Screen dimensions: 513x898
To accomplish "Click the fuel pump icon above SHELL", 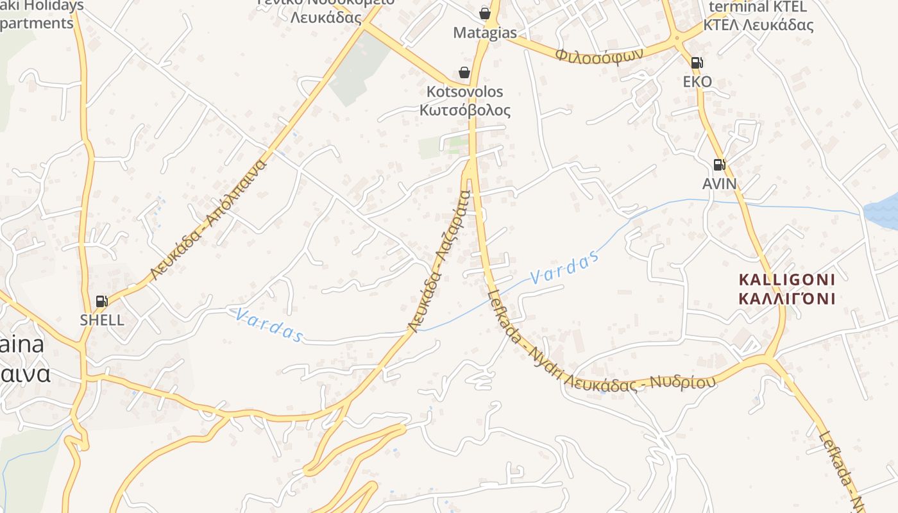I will [101, 301].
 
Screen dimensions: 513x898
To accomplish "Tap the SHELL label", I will [102, 319].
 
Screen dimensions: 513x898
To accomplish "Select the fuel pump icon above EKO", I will [697, 63].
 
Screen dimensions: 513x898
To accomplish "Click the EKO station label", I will [697, 81].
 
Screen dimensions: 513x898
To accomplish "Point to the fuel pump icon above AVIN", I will [719, 165].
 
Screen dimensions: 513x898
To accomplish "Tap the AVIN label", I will [719, 184].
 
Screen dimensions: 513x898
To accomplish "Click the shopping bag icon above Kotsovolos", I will [464, 73].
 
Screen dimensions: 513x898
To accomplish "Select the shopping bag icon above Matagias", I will [484, 13].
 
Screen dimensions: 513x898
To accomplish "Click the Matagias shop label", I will [485, 33].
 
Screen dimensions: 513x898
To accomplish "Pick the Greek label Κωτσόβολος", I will [465, 110].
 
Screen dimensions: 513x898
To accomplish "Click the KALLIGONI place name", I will [787, 280].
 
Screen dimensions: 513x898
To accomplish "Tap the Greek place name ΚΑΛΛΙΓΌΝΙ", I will [787, 298].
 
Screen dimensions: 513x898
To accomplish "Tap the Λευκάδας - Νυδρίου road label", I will [648, 382].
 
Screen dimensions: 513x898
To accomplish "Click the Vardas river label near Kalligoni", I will [564, 267].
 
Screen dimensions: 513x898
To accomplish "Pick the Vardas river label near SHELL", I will [268, 325].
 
